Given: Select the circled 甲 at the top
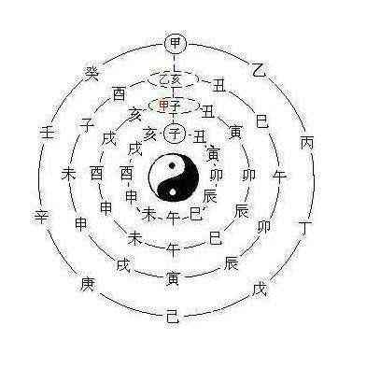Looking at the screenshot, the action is tap(174, 43).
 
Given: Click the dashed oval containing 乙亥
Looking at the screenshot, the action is tap(174, 78).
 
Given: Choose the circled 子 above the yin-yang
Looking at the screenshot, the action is tap(174, 133).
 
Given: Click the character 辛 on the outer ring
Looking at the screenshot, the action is tap(41, 217).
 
